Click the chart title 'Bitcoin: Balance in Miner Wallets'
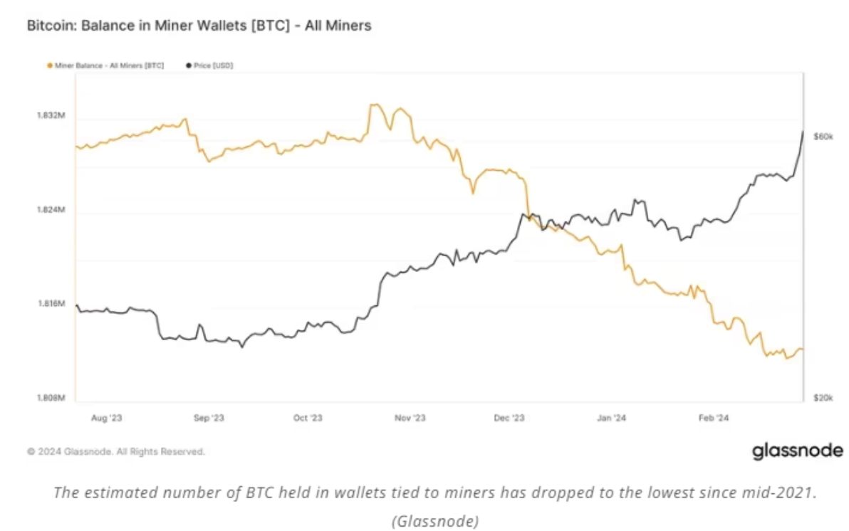tap(199, 26)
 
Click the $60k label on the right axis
tap(823, 135)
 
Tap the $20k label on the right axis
tap(823, 398)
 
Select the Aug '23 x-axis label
tap(107, 419)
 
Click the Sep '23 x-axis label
tap(209, 419)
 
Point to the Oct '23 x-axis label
tap(308, 419)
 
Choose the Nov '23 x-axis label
tap(410, 419)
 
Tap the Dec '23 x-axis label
tap(509, 419)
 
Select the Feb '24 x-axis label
tap(712, 419)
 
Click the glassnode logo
tap(797, 451)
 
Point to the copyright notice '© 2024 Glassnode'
tap(116, 451)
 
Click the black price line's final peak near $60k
tap(803, 132)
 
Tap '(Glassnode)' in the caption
tap(434, 520)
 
